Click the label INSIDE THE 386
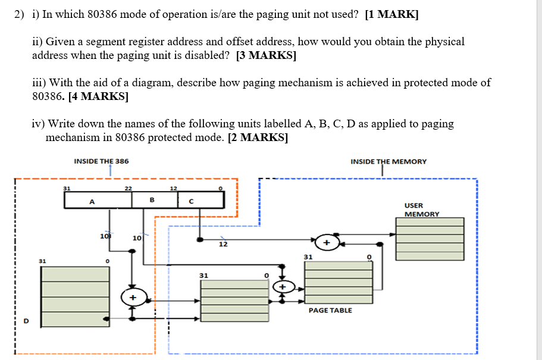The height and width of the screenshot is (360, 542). pos(101,161)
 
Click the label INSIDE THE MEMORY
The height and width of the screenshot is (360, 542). pos(388,161)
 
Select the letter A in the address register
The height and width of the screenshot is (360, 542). pos(92,201)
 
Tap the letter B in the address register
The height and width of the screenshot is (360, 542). pos(152,200)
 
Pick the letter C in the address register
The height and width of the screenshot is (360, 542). pos(190,201)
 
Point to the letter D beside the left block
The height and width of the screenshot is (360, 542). pos(26,321)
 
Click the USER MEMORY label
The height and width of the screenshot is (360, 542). pos(421,209)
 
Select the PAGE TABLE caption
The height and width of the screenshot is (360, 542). pos(330,310)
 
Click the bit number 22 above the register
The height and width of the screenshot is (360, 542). pos(128,188)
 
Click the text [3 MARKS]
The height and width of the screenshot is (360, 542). pos(266,56)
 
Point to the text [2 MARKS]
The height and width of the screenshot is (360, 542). pos(258,137)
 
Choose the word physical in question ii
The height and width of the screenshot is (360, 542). pos(443,42)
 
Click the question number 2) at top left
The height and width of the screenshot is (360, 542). pos(20,15)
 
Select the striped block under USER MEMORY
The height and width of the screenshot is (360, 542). pos(430,239)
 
